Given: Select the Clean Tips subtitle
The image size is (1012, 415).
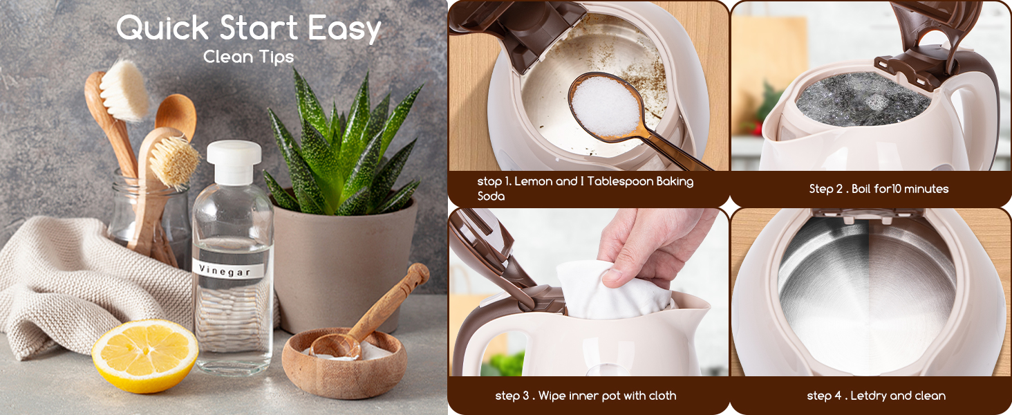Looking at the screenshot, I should [x=248, y=57].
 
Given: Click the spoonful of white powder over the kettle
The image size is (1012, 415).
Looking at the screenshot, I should [x=606, y=106].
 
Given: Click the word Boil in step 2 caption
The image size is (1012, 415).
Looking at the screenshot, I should [x=859, y=189].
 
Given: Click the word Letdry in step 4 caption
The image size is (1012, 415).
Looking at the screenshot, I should [x=870, y=396].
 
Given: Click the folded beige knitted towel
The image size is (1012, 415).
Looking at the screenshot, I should [x=62, y=284].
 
